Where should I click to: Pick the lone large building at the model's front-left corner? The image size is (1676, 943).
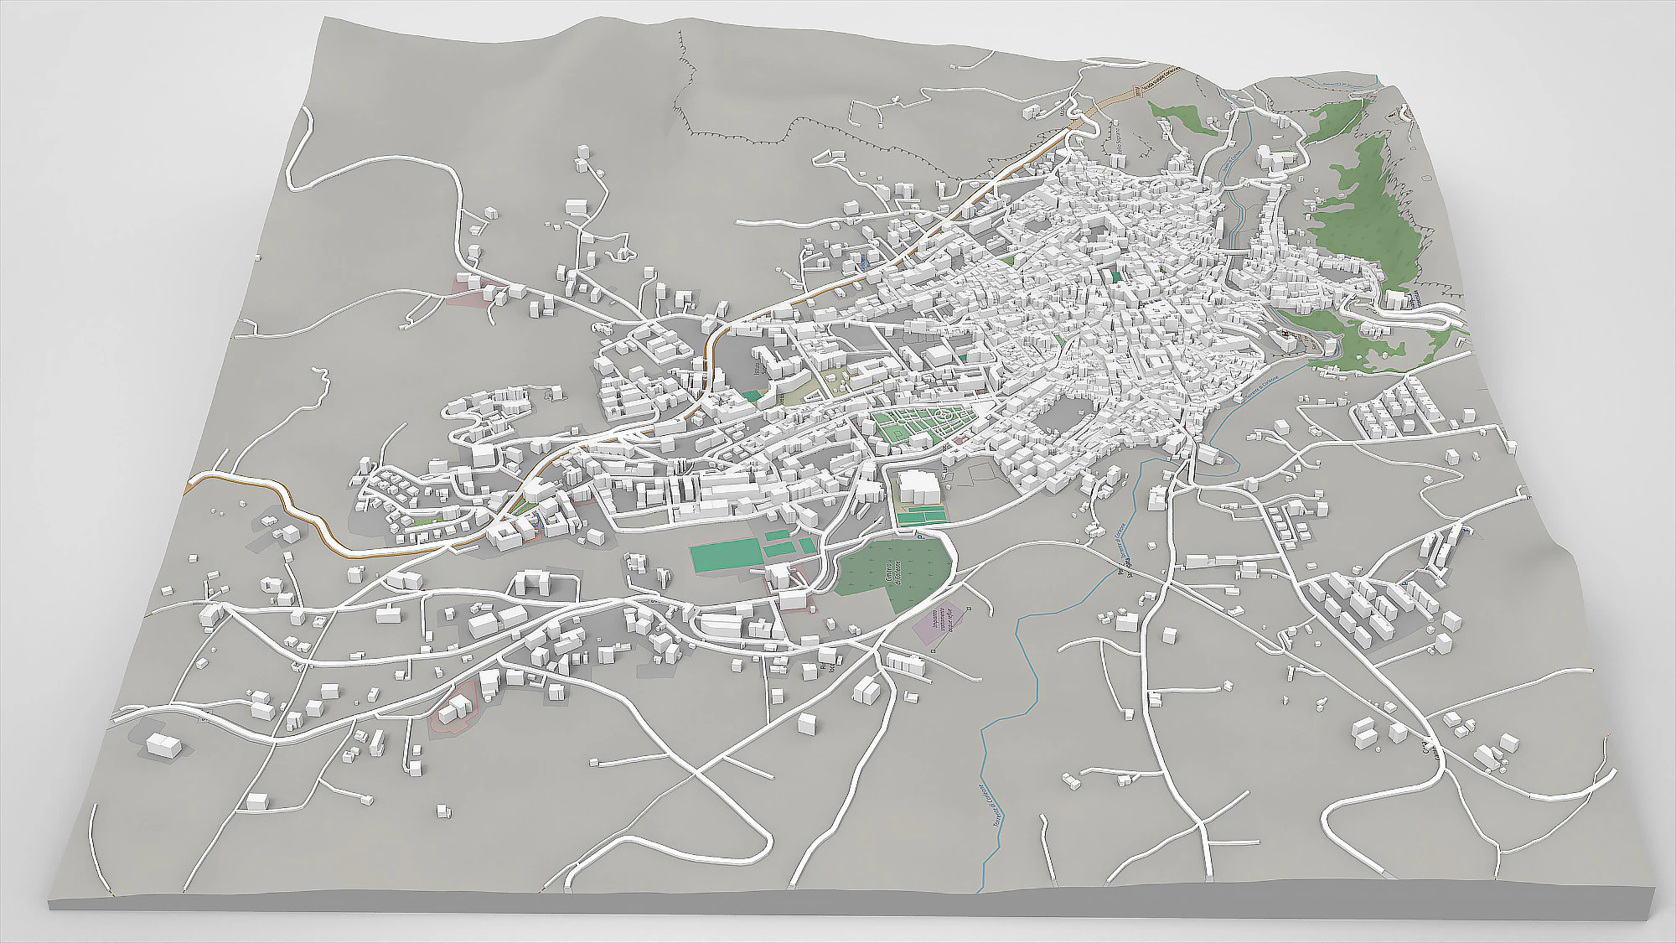click(163, 745)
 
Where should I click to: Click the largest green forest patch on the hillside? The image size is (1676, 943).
click(1358, 210)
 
